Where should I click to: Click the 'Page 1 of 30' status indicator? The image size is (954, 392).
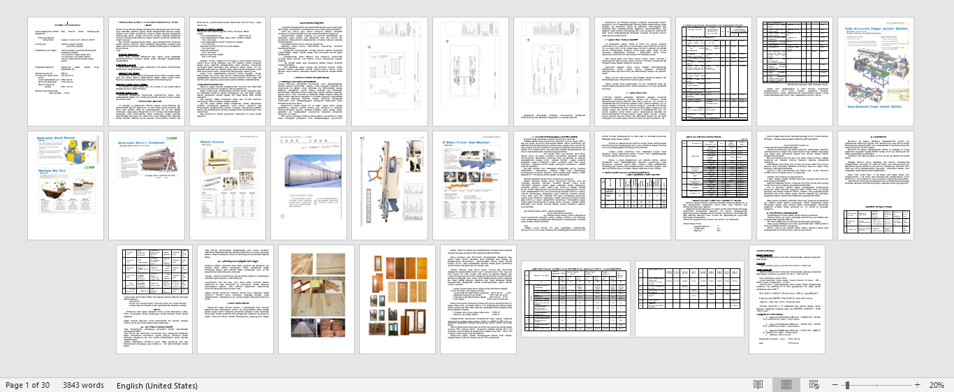(28, 385)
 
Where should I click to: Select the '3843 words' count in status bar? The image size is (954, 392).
(83, 385)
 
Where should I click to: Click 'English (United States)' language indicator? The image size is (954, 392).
(157, 385)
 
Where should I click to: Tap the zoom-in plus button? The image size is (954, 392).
(917, 385)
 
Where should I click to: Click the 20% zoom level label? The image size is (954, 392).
(937, 385)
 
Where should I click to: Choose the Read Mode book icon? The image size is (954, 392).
(758, 385)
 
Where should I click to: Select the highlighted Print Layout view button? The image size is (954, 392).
(786, 385)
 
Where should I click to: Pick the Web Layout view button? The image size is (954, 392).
(814, 385)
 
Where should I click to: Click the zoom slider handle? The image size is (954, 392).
(847, 385)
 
